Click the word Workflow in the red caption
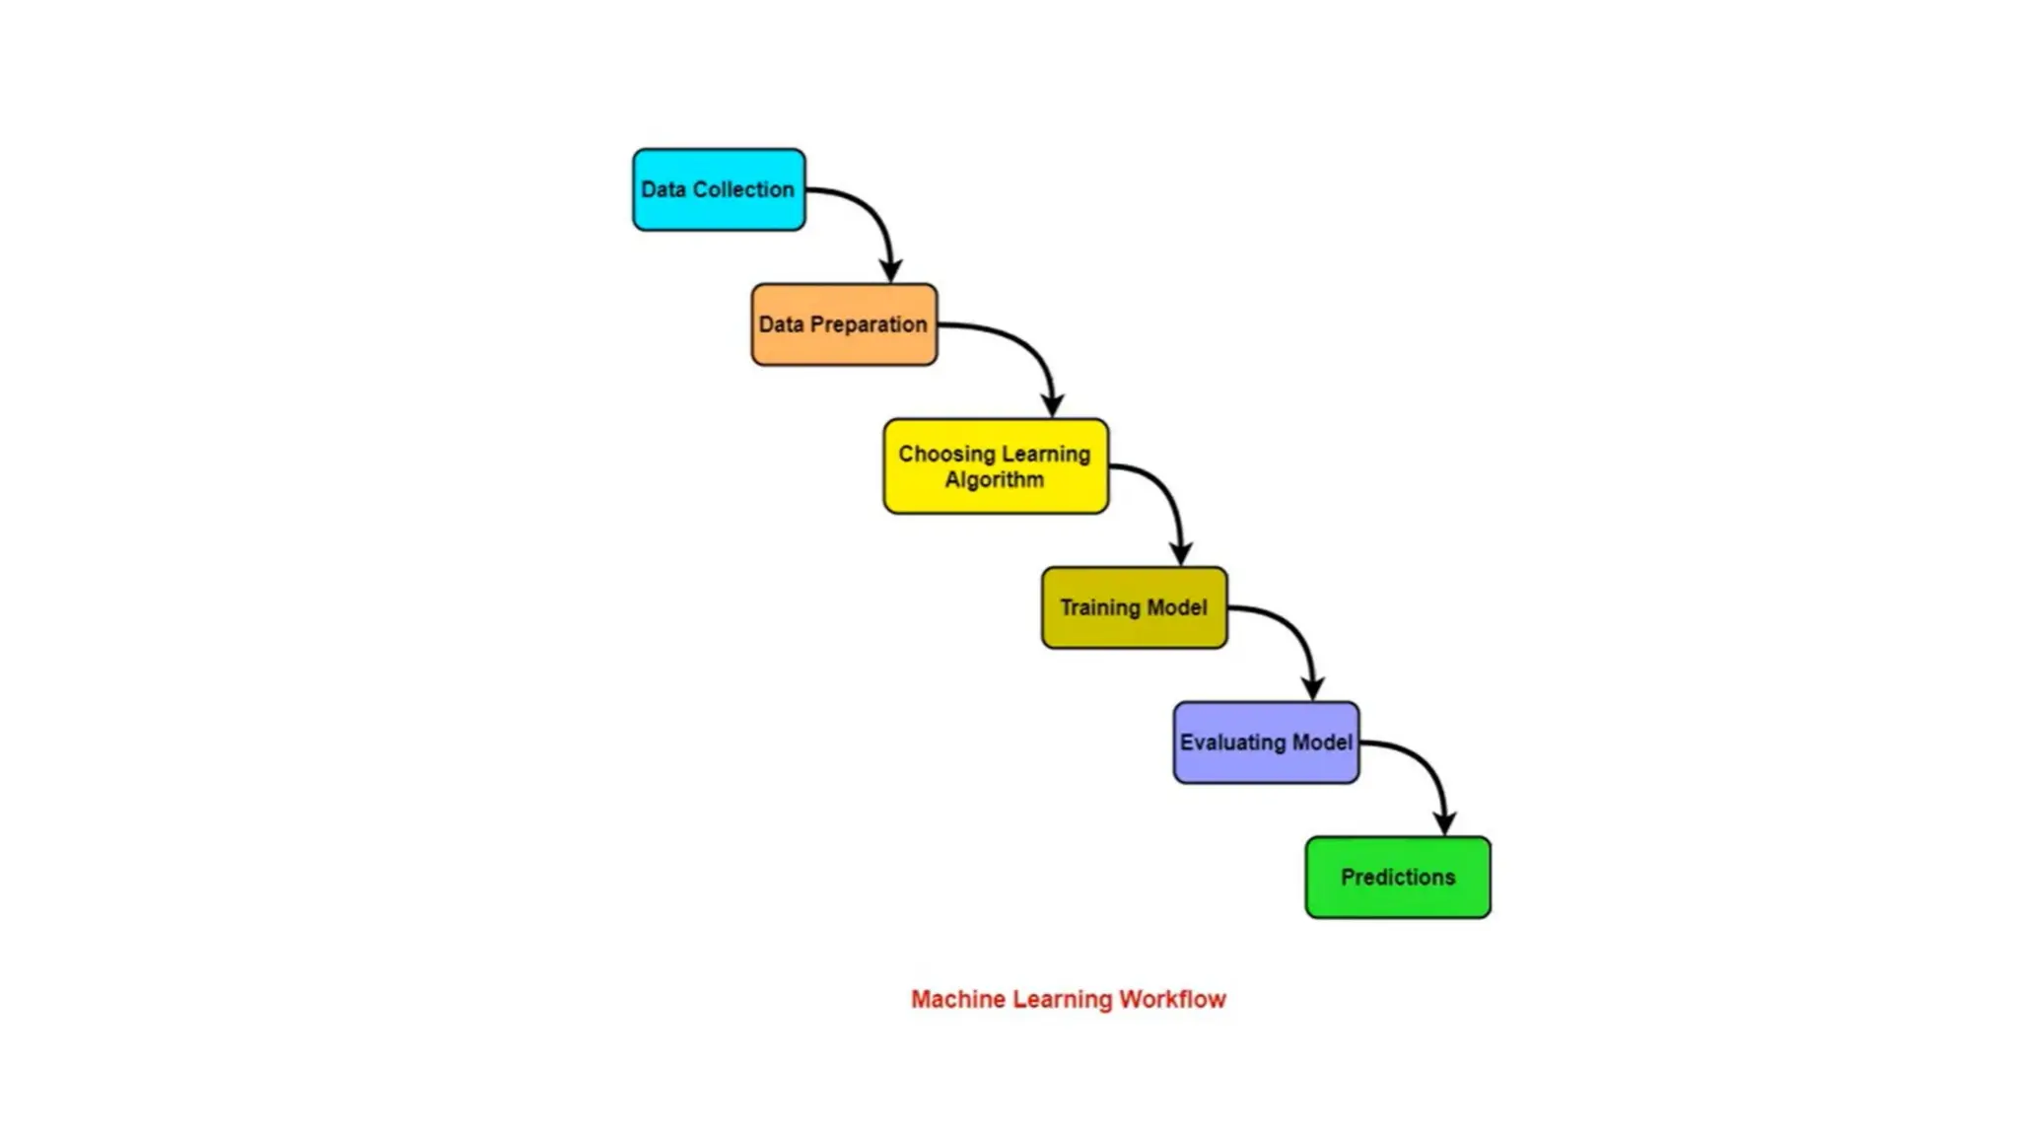click(1172, 999)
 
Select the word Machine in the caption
click(957, 999)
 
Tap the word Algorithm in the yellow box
click(994, 480)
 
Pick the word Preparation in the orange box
click(869, 324)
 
